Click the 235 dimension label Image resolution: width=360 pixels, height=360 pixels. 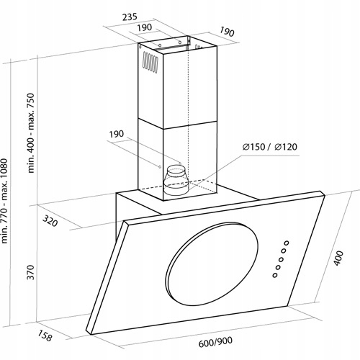click(130, 17)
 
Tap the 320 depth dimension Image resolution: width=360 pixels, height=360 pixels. click(50, 221)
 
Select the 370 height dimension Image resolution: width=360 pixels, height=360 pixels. click(31, 272)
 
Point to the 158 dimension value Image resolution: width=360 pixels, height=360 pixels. click(45, 336)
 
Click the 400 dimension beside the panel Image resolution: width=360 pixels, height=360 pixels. click(338, 258)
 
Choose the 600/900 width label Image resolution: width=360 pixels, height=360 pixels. click(215, 342)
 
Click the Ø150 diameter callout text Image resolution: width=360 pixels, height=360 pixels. click(253, 147)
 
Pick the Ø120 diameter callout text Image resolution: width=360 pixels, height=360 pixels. click(286, 147)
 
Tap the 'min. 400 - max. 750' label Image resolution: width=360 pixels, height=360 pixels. click(31, 133)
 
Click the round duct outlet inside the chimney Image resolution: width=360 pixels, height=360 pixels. click(176, 179)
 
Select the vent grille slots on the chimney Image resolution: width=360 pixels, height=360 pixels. click(150, 62)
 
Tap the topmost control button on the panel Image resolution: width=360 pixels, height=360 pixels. click(287, 243)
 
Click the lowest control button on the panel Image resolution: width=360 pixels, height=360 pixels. click(275, 275)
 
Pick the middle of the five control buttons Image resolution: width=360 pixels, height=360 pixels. click(282, 259)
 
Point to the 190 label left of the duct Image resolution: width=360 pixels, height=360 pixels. click(117, 134)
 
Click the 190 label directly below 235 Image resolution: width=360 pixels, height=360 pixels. click(145, 27)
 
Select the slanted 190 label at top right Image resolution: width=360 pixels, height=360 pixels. click(227, 32)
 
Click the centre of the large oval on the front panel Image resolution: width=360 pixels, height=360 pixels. click(212, 264)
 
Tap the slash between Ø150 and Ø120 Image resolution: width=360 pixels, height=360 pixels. click(269, 147)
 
